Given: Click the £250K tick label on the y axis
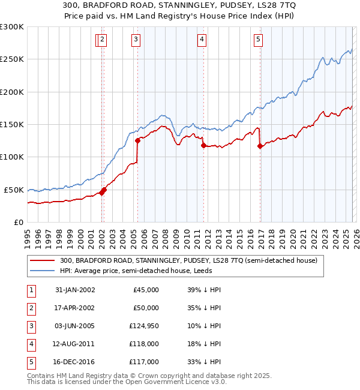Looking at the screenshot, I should click(12, 59).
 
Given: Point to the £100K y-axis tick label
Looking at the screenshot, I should click(12, 157).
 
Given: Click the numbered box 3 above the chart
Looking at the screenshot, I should click(136, 40).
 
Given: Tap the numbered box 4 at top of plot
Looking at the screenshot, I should click(202, 40).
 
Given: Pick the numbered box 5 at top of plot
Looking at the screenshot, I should click(258, 40).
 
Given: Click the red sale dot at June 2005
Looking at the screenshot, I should click(137, 141).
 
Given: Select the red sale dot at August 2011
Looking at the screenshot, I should click(203, 145).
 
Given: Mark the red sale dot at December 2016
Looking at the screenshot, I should click(260, 146).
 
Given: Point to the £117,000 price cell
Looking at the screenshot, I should click(144, 362).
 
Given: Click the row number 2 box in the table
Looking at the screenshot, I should click(31, 308).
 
